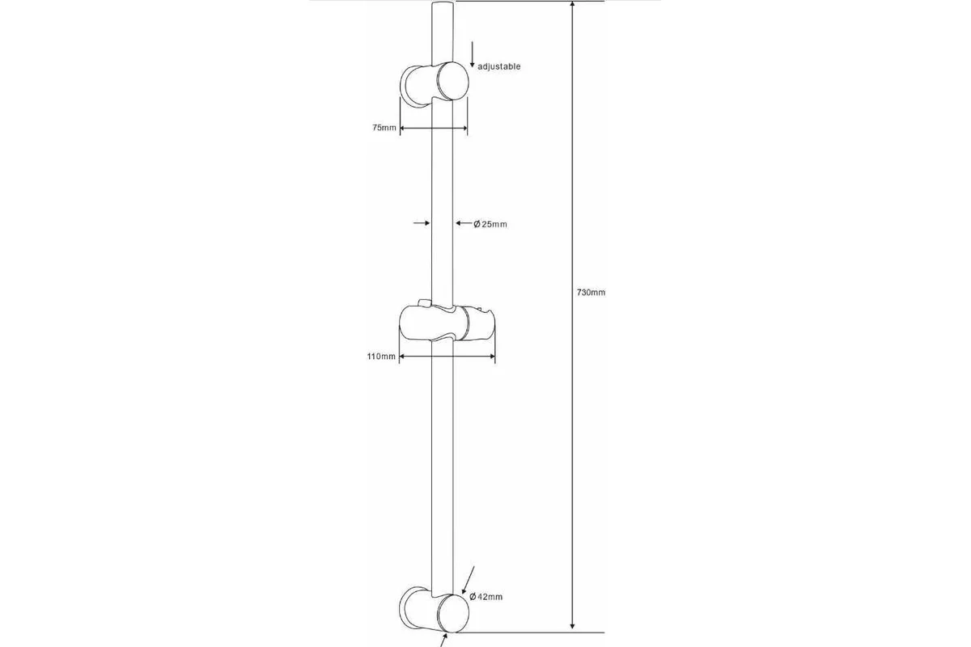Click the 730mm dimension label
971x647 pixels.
click(591, 293)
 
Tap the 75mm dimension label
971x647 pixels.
click(384, 128)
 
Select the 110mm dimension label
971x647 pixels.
click(381, 356)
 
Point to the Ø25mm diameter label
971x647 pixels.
click(490, 224)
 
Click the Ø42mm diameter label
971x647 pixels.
click(486, 597)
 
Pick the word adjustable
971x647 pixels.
click(499, 67)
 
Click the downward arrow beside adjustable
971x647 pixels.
click(472, 55)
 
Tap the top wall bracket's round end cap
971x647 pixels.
click(452, 81)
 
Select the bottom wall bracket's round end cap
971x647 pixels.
click(452, 613)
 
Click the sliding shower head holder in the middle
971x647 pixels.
click(447, 323)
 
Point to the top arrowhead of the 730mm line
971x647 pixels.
click(572, 4)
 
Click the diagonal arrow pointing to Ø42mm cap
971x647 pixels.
click(469, 580)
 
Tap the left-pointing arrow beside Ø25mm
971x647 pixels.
click(464, 223)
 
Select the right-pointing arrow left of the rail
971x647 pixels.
click(422, 223)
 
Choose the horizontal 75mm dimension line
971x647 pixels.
click(434, 128)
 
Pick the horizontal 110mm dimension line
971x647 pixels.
click(447, 356)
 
